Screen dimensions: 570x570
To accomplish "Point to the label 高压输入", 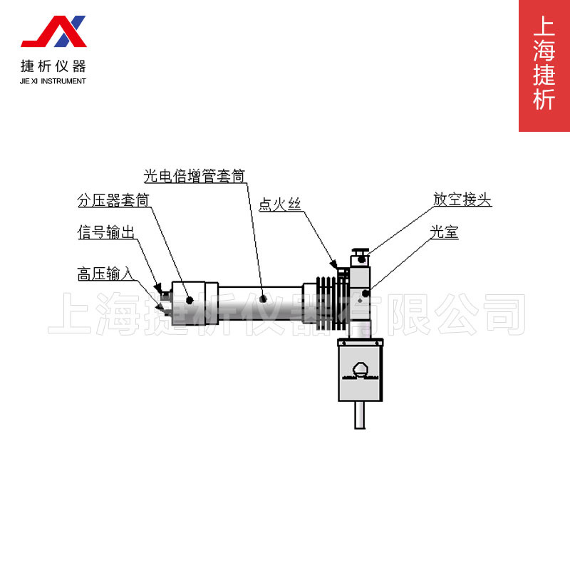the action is tap(105, 274).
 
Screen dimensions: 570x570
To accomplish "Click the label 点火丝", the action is tap(280, 204).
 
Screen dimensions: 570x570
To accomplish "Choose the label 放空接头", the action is tap(462, 200).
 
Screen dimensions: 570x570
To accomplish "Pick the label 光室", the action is tap(444, 233).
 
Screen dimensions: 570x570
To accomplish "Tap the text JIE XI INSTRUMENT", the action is tap(53, 81).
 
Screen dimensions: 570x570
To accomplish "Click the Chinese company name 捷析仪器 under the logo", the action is tap(53, 66).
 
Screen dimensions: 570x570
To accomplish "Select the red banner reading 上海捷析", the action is tap(544, 66).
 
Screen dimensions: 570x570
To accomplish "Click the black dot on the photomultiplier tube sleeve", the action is tap(263, 299).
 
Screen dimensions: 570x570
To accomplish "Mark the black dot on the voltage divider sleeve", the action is tap(190, 300).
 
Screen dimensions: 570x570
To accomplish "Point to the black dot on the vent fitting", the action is tap(362, 259).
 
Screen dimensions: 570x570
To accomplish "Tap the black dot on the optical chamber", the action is tap(366, 293).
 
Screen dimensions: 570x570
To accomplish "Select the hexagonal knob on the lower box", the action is tap(361, 368).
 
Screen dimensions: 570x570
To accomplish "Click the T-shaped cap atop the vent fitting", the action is tap(360, 251).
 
